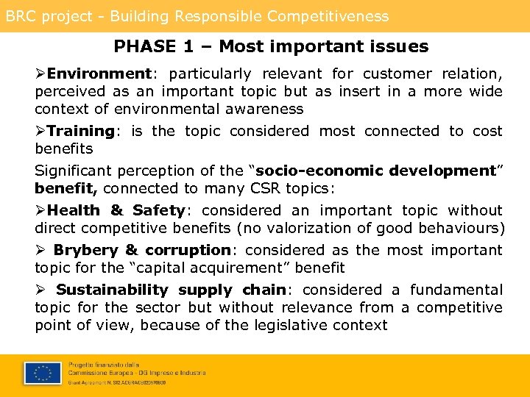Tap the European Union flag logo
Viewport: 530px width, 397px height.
pyautogui.click(x=43, y=373)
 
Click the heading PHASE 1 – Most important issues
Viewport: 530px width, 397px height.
pyautogui.click(x=271, y=47)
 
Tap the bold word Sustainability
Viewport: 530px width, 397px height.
pyautogui.click(x=112, y=290)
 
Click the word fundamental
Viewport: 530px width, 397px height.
pyautogui.click(x=456, y=290)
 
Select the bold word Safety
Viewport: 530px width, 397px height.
pyautogui.click(x=157, y=210)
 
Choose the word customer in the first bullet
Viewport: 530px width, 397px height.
pyautogui.click(x=397, y=74)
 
